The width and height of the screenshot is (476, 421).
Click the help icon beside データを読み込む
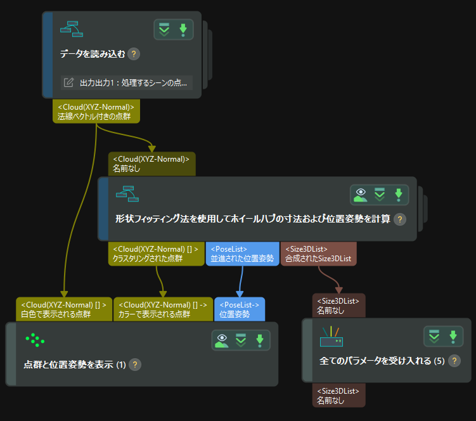tap(134, 55)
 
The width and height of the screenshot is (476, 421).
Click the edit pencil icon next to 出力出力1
tap(68, 83)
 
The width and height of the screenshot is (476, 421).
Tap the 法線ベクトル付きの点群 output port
tap(96, 112)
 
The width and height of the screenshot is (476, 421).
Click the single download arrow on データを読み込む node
tap(183, 29)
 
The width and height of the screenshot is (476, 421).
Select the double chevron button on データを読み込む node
tap(164, 29)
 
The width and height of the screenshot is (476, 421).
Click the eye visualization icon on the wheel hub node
tap(361, 195)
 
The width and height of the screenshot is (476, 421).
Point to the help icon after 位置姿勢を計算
tap(399, 219)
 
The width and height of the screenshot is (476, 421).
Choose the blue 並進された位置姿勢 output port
tap(242, 254)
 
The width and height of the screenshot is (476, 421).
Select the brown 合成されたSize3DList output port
tap(319, 254)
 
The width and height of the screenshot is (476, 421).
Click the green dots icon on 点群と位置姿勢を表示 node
tap(35, 340)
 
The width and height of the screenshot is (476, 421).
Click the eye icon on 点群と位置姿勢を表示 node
tap(221, 341)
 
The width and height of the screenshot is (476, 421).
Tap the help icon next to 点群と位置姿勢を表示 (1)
tap(134, 365)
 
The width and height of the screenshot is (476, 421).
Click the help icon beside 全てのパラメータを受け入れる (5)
tap(454, 361)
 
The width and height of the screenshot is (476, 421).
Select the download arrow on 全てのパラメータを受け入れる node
tap(453, 336)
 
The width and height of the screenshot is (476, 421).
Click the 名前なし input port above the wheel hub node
tap(152, 164)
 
